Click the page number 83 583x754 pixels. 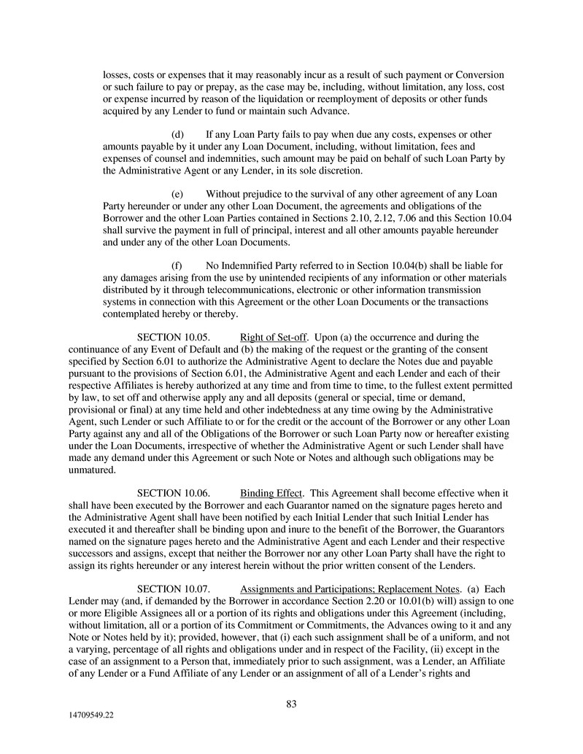(291, 704)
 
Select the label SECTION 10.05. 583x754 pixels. (174, 337)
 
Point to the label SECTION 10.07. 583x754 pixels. (174, 588)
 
